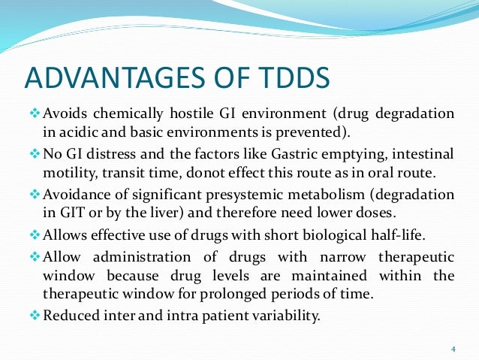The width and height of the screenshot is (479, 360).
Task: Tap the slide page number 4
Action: coord(453,348)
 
